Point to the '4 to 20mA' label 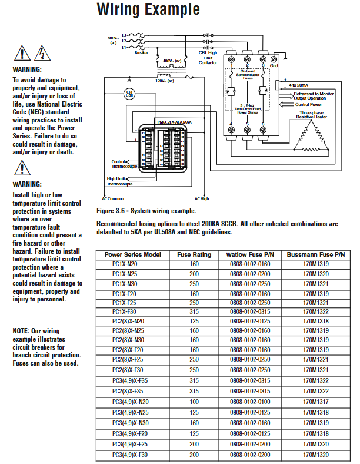click(x=303, y=85)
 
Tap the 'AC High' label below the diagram click(x=202, y=199)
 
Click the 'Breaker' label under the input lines click(x=141, y=52)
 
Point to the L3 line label click(x=125, y=35)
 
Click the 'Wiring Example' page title click(x=148, y=10)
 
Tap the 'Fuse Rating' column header click(x=194, y=254)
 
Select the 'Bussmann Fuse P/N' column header click(x=315, y=254)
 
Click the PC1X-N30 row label click(x=124, y=283)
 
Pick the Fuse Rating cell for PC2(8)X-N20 click(x=194, y=321)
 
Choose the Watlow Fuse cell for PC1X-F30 click(x=249, y=311)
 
